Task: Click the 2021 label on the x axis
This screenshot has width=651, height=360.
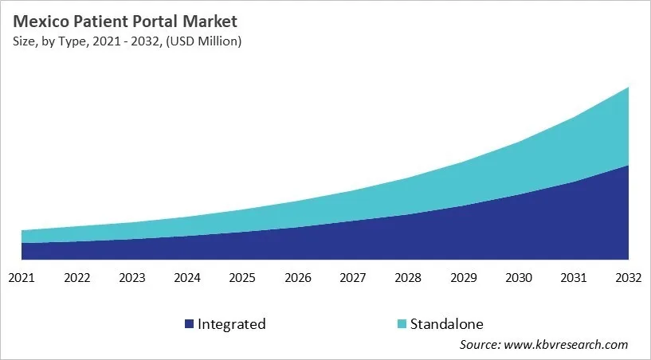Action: tap(22, 278)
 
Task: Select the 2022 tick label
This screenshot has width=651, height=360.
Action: tap(76, 278)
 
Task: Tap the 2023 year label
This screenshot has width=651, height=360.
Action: tap(131, 278)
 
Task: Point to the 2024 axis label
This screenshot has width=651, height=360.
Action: tap(187, 278)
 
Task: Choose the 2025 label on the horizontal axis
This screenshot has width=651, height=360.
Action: tap(242, 278)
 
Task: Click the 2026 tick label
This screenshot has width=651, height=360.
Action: tap(297, 278)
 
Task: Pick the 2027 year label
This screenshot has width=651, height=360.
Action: tap(353, 278)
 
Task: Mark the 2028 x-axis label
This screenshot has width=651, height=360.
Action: tap(408, 278)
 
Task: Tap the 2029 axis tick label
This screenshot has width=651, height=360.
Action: tap(463, 278)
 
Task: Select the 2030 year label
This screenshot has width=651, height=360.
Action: tap(519, 278)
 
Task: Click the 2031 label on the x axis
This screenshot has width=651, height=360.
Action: tap(574, 278)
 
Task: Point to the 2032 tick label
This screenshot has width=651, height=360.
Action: tap(629, 278)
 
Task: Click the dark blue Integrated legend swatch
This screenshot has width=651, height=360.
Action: tap(189, 324)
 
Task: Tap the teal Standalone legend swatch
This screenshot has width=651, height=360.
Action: tap(402, 324)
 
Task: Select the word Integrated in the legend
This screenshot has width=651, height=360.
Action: tap(232, 324)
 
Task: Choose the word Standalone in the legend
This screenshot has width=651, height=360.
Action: tap(447, 324)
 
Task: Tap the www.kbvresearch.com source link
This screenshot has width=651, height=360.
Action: tap(567, 345)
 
